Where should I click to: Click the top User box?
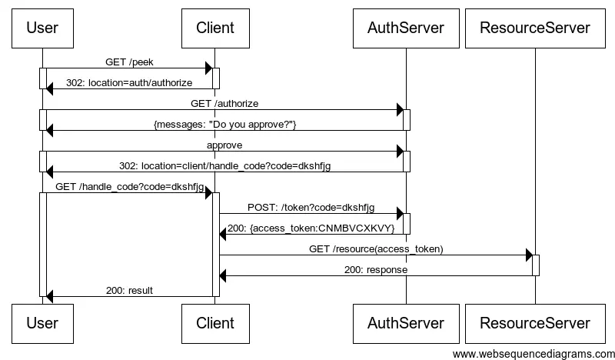[42, 28]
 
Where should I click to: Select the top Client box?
[215, 28]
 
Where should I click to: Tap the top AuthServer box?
[406, 28]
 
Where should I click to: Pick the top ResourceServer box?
[535, 28]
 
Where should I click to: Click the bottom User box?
[42, 324]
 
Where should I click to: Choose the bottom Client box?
[215, 324]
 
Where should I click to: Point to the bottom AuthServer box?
[406, 324]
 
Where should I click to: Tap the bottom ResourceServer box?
[535, 324]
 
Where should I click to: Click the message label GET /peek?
[129, 62]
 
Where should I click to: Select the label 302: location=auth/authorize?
[129, 83]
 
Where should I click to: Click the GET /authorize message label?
[224, 104]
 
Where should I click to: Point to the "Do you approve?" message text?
[224, 125]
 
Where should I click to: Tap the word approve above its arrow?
[224, 145]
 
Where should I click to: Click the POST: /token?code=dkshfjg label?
[311, 208]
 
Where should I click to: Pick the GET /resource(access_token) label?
[376, 249]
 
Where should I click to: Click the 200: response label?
[376, 270]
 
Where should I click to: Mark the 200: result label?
[129, 291]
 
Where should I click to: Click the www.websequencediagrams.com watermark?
[534, 354]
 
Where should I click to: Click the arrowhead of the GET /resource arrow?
[529, 255]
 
